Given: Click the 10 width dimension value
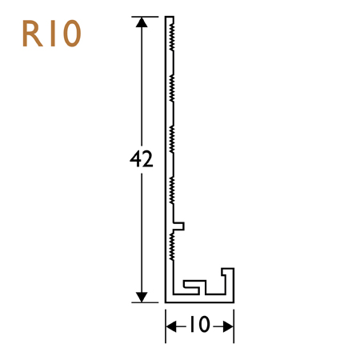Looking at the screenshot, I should click(x=199, y=325).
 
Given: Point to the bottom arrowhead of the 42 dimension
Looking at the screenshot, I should click(x=142, y=297).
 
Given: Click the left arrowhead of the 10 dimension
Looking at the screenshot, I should click(x=170, y=325).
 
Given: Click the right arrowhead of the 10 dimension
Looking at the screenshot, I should click(x=229, y=325).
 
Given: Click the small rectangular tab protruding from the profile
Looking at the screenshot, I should click(x=181, y=226).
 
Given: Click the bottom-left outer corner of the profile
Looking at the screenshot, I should click(x=166, y=302).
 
